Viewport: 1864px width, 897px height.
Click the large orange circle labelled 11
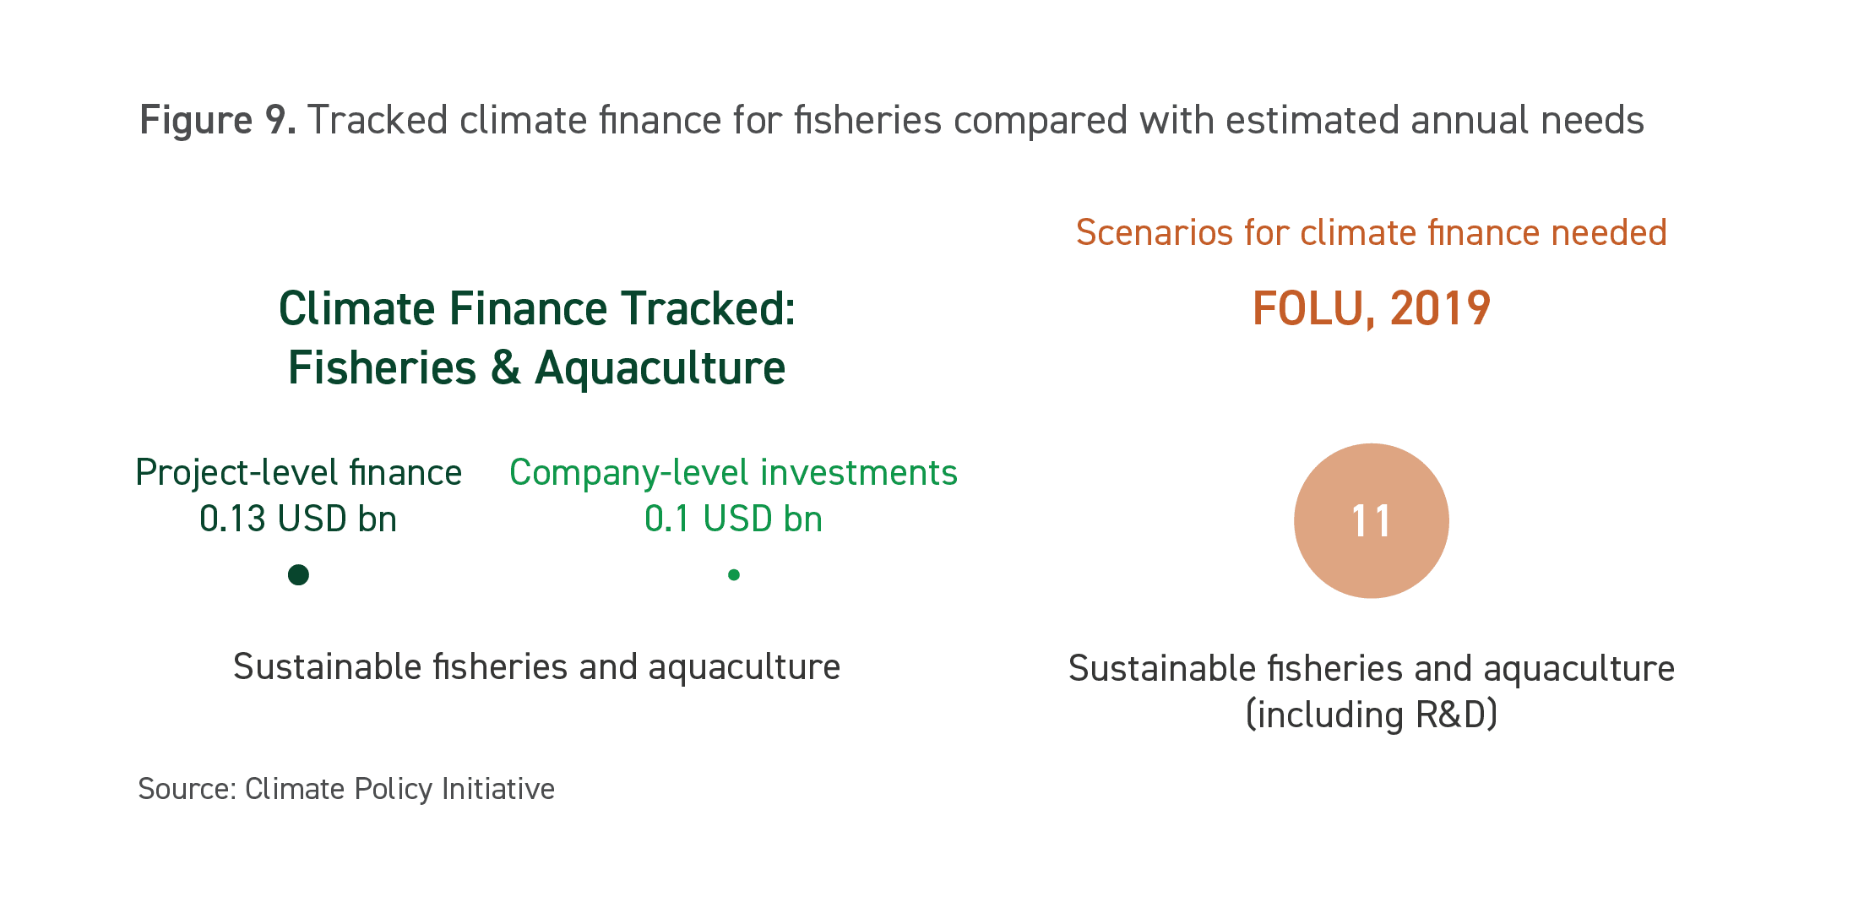point(1371,521)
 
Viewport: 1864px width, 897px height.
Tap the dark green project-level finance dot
point(298,575)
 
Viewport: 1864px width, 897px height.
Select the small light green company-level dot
point(734,575)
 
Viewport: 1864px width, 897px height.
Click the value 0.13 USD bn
point(298,519)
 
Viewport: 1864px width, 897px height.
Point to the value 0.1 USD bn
point(733,519)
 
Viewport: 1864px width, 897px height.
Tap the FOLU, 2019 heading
point(1371,309)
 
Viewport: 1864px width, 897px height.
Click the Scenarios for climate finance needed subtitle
point(1371,232)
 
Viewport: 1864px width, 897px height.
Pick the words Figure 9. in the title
point(217,121)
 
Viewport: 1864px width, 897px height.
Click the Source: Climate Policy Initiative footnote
point(346,789)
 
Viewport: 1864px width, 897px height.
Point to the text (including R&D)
point(1372,715)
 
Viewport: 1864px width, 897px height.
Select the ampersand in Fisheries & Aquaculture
point(505,368)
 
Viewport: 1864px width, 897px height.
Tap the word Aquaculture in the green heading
point(660,369)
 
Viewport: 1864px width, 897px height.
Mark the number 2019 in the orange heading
point(1440,308)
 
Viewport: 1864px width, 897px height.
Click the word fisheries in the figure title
point(867,120)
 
